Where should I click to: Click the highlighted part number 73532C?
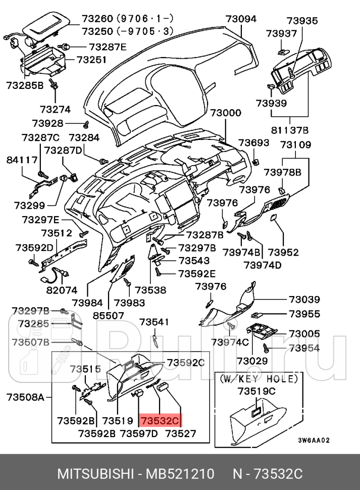pos(160,420)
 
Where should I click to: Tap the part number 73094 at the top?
pos(241,19)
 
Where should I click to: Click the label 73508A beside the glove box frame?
pos(26,397)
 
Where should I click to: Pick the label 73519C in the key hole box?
pos(256,391)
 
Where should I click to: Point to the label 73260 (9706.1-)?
pos(128,19)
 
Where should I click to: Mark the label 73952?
pos(283,252)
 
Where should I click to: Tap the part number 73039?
pos(304,300)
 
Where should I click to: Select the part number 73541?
pos(154,322)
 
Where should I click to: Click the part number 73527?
pos(181,433)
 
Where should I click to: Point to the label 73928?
pos(47,123)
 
